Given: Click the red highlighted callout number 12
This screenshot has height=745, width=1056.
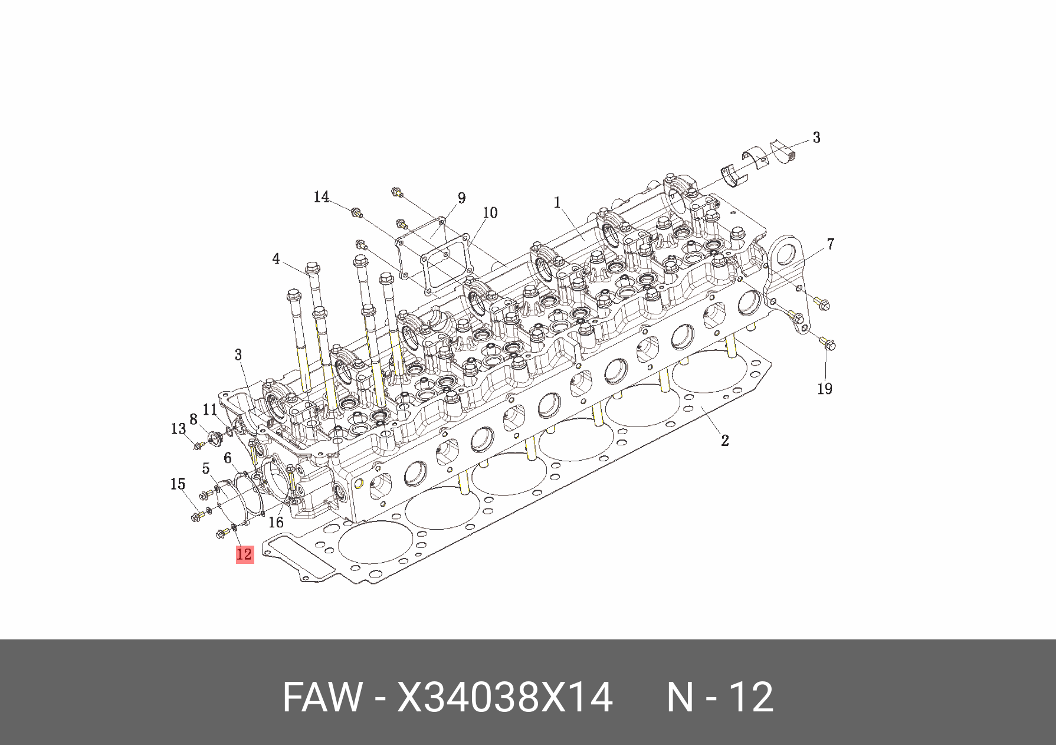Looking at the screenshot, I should click(244, 554).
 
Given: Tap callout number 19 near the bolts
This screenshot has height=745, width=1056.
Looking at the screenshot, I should click(824, 389).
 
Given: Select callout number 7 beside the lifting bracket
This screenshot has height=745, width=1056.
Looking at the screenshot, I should click(830, 244).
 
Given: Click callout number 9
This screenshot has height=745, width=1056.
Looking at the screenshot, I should click(461, 198).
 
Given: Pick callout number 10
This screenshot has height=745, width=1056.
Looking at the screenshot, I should click(490, 212).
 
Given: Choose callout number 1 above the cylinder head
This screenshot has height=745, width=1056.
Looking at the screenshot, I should click(557, 203).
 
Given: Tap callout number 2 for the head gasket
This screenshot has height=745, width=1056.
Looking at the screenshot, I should click(725, 440).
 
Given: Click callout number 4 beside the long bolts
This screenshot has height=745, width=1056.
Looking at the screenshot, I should click(276, 259).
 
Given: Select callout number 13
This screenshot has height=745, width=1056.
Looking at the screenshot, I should click(178, 429).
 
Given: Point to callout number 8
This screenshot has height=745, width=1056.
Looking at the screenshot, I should click(193, 419).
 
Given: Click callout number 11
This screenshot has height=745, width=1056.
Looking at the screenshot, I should click(210, 409).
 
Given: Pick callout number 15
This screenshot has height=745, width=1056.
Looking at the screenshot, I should click(178, 484).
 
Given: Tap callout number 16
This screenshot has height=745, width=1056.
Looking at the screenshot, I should click(276, 522).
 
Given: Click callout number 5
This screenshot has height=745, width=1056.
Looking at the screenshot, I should click(205, 469).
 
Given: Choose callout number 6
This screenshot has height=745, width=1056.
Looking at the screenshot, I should click(227, 458).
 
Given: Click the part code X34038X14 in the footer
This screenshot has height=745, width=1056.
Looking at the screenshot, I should click(505, 697).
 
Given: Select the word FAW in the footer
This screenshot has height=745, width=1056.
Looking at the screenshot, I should click(322, 697).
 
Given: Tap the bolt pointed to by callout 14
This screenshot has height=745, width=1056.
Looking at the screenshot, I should click(356, 212).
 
